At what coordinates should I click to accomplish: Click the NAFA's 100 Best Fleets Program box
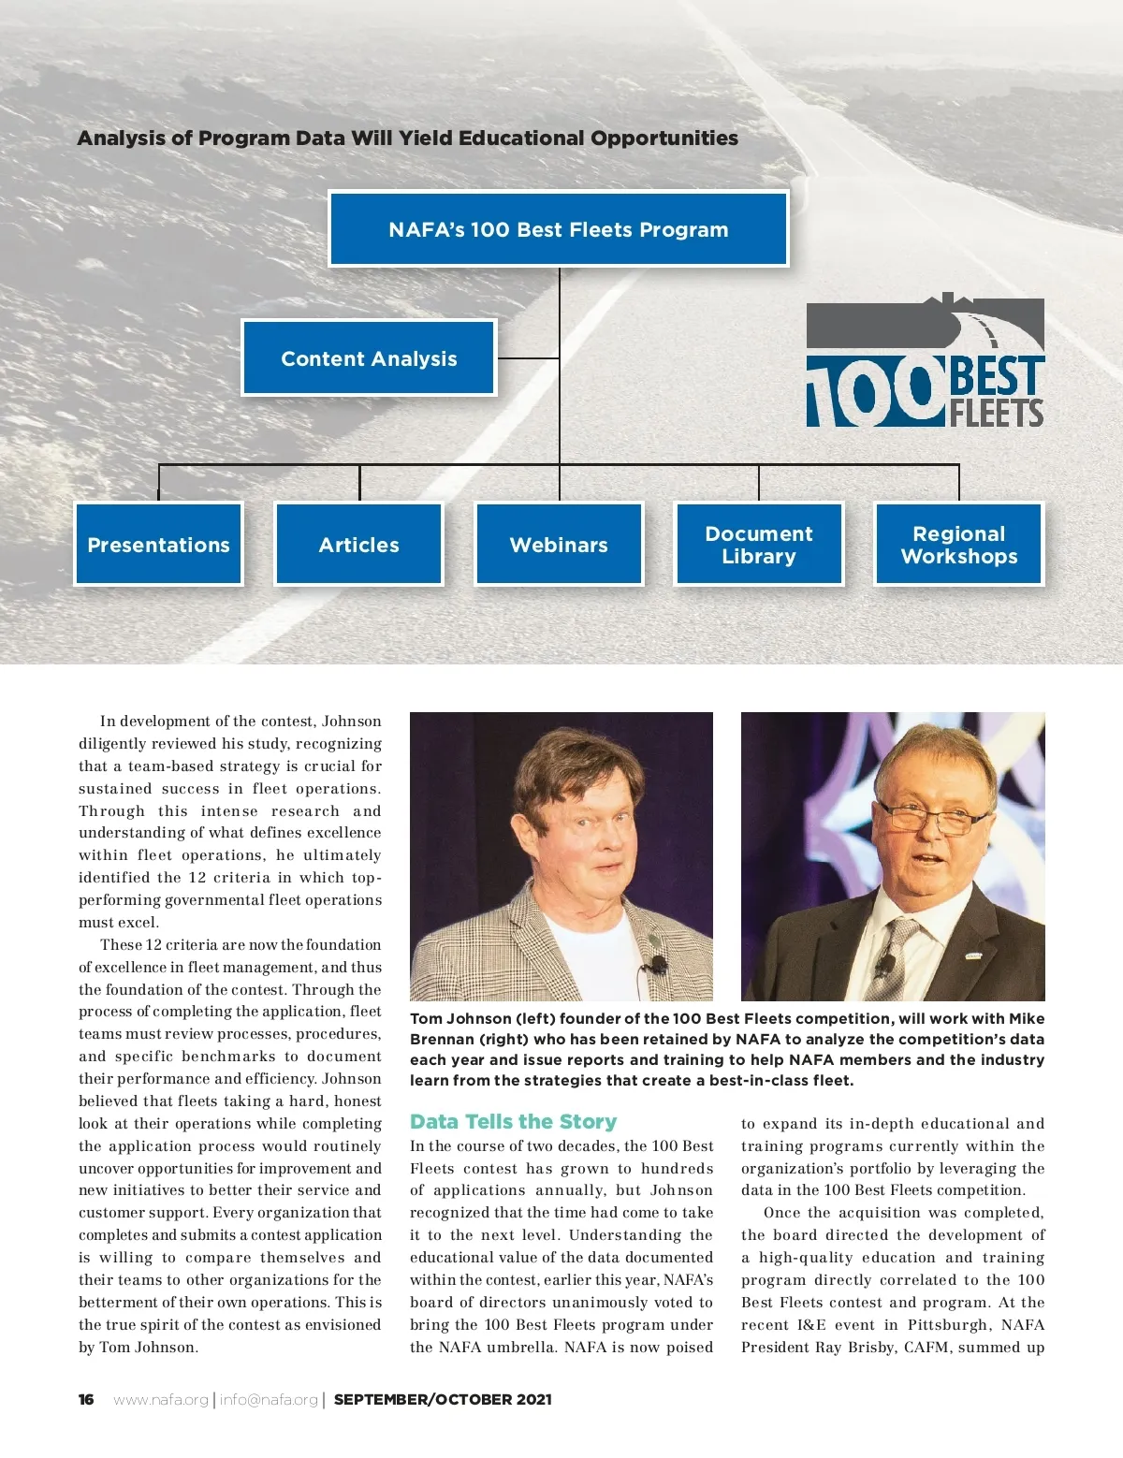559,229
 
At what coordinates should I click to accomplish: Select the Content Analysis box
369,358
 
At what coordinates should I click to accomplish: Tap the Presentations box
158,545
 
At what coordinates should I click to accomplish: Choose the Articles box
358,545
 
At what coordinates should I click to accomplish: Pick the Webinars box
559,545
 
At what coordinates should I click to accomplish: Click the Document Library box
759,545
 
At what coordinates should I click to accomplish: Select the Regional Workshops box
958,545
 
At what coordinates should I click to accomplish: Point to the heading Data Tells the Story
513,1121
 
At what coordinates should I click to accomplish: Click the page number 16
86,1399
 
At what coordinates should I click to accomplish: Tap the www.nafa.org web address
161,1399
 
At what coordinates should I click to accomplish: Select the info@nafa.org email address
269,1399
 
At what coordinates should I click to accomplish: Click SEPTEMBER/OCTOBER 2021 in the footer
443,1399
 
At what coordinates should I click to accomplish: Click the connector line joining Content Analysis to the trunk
528,358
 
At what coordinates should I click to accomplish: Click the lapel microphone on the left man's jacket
657,964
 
